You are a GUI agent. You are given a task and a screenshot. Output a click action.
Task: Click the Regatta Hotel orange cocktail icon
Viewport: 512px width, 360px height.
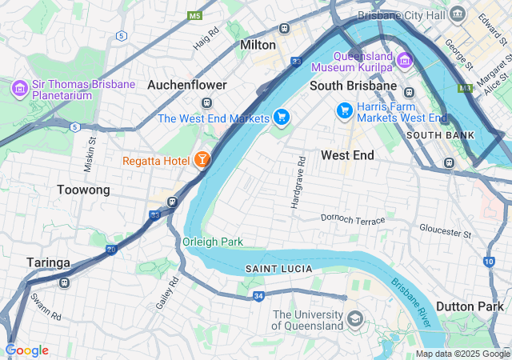[x=202, y=160]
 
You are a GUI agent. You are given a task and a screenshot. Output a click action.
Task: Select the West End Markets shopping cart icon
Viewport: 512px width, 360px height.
[x=281, y=118]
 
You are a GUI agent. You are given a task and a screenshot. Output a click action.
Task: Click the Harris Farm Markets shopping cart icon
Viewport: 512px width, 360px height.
[x=345, y=110]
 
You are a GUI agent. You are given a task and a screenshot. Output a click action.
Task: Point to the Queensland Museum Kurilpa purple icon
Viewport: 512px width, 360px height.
[x=403, y=60]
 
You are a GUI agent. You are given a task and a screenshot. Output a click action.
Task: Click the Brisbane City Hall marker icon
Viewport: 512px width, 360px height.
[x=458, y=14]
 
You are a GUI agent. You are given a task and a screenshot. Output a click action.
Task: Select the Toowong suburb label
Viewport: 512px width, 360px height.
[x=83, y=190]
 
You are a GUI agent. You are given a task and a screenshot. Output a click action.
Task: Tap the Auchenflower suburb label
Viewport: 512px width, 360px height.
[x=187, y=84]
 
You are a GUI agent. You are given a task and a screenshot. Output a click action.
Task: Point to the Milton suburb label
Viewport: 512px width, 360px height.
[x=258, y=46]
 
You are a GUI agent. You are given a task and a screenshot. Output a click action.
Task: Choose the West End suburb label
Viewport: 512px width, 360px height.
[x=347, y=154]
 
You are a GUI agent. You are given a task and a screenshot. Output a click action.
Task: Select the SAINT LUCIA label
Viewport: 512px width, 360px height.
[x=278, y=268]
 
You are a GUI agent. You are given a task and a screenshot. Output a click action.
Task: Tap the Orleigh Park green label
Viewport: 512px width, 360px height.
[x=212, y=242]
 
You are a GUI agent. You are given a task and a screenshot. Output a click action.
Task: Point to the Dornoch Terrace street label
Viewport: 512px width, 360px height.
[x=353, y=218]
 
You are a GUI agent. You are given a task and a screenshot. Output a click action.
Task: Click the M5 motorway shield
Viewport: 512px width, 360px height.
[x=194, y=15]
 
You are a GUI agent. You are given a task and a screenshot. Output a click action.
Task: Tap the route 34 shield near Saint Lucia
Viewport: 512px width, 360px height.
[x=258, y=296]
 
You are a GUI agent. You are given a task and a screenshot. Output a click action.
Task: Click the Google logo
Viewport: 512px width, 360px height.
[x=26, y=350]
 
